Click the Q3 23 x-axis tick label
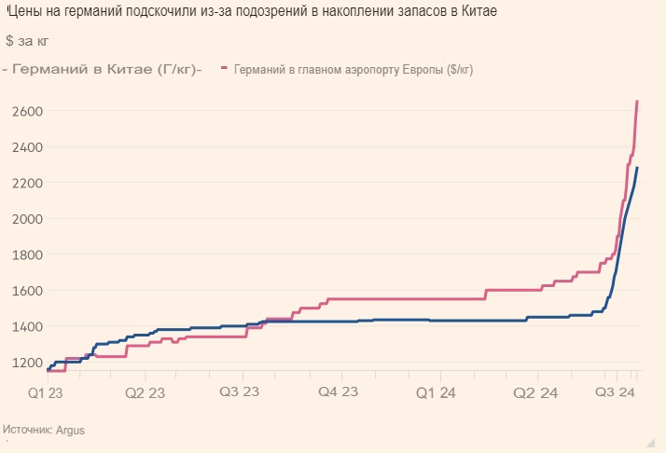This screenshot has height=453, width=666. tap(239, 393)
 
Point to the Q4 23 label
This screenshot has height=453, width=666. tap(338, 393)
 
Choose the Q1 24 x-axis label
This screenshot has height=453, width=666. tap(437, 393)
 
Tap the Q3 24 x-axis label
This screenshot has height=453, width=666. tap(616, 393)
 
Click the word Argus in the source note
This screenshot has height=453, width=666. tap(70, 430)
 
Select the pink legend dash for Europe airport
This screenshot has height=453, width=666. tap(225, 69)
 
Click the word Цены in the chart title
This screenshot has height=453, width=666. tap(27, 11)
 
